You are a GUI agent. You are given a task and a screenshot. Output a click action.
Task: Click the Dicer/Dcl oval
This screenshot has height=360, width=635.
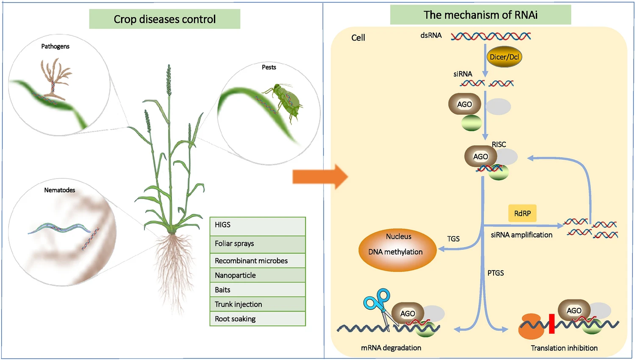(504, 57)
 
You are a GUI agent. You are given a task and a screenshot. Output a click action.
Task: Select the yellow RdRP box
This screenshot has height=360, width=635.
(522, 213)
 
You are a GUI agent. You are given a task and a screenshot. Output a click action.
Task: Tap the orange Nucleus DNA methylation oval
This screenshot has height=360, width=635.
(397, 250)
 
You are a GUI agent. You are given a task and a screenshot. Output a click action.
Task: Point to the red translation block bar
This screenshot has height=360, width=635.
(552, 324)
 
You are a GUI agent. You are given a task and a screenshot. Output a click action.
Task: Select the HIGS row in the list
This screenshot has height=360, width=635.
(258, 226)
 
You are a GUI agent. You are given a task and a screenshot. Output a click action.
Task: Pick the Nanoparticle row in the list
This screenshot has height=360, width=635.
(258, 275)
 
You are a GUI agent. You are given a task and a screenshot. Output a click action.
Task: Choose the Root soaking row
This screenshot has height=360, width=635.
(258, 319)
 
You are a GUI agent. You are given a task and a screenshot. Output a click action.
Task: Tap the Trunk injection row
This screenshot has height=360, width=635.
(258, 304)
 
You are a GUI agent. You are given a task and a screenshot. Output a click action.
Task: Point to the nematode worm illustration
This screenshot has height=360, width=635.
(59, 229)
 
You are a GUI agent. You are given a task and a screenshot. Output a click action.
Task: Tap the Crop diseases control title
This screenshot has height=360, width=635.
(164, 19)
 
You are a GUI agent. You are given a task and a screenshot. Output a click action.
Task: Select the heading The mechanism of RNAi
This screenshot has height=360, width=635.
(480, 15)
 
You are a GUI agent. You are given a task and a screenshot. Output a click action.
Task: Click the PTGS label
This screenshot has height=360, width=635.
(495, 273)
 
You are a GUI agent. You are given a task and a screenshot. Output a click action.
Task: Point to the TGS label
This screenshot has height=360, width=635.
(453, 239)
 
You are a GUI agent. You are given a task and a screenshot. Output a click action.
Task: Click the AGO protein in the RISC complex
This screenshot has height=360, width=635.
(480, 157)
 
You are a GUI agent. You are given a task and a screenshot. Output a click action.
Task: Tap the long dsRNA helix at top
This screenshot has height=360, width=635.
(491, 36)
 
